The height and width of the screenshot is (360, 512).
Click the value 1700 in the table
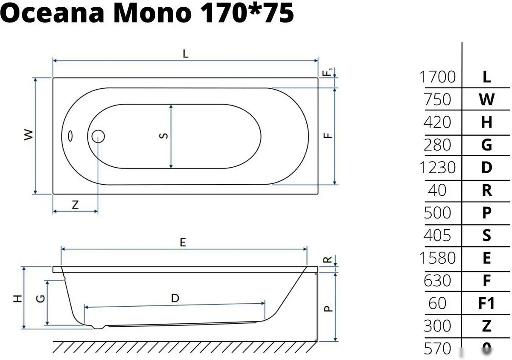[438, 77]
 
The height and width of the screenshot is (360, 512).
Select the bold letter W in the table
[486, 100]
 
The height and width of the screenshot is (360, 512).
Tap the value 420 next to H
[437, 122]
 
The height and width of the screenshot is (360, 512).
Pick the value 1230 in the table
[438, 168]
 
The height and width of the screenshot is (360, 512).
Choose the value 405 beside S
[437, 235]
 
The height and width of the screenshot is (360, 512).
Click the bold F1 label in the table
[486, 303]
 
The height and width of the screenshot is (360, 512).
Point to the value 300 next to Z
[437, 326]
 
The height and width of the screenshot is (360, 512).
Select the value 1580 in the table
[438, 258]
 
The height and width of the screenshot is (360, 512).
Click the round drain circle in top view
[98, 136]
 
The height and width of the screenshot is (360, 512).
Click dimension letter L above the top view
[185, 54]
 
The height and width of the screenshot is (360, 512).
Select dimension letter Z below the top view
[75, 205]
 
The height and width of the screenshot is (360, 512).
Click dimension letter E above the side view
[183, 242]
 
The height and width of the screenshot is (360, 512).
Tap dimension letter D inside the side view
[175, 299]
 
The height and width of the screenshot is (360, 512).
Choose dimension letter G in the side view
[40, 299]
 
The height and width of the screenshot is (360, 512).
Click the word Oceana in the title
[54, 14]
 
